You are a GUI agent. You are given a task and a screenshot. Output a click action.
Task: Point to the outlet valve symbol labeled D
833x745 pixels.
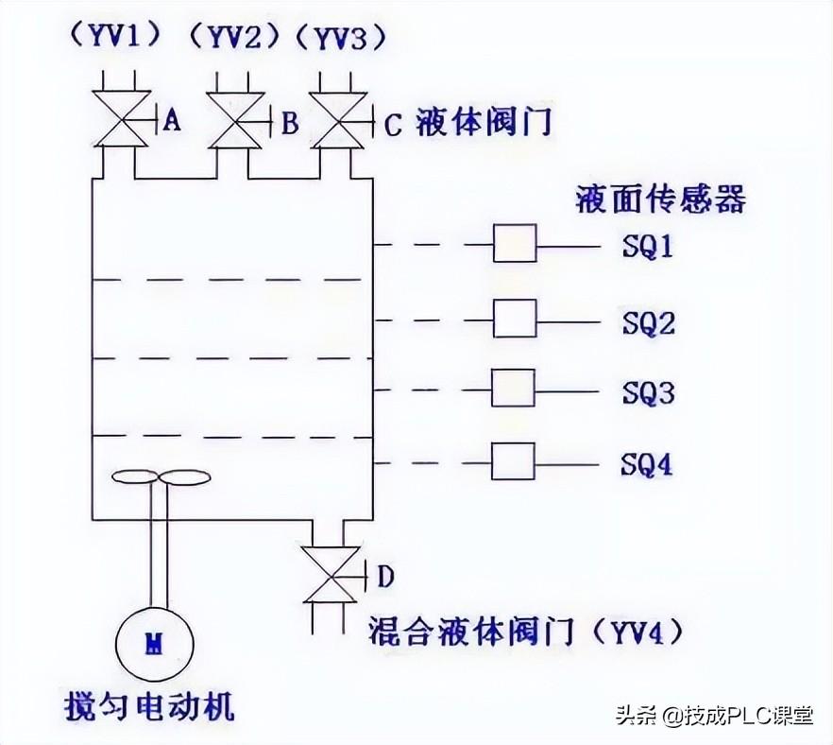click(x=330, y=574)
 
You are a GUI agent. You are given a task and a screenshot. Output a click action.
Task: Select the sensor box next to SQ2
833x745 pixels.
click(x=515, y=319)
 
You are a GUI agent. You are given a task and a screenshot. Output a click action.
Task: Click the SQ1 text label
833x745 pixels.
click(x=648, y=248)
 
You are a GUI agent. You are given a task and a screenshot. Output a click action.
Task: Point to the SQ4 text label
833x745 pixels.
click(x=648, y=465)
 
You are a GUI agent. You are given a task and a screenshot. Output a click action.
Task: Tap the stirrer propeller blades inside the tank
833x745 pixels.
click(x=159, y=477)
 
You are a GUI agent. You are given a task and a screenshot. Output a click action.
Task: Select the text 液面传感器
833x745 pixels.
click(x=660, y=199)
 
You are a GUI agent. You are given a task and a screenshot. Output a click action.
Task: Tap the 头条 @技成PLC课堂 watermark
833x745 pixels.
click(x=714, y=716)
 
